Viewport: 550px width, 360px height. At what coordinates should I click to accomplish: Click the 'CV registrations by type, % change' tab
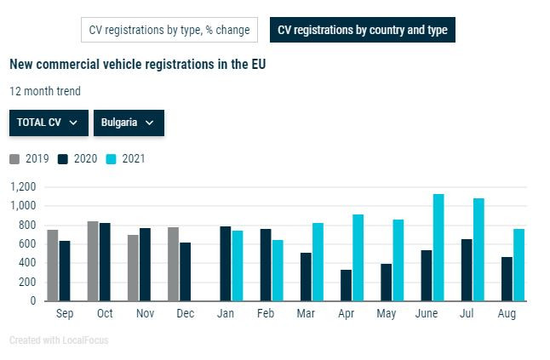coord(169,31)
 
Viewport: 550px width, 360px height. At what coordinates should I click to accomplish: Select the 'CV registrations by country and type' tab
coord(363,31)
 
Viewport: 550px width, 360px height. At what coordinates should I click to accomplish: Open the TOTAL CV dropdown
coord(49,123)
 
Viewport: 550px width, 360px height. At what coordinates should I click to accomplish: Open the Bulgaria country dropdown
coord(128,123)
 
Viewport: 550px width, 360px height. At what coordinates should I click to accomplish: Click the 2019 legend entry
coord(31,159)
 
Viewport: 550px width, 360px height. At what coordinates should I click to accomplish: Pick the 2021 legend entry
coord(127,159)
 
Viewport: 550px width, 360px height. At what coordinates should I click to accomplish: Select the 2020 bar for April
coord(347,285)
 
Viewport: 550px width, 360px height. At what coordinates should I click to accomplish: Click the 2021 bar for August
coord(518,265)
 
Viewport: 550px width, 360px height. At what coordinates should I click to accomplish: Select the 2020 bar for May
coord(387,283)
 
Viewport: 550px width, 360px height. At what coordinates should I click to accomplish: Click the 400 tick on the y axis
coord(27,263)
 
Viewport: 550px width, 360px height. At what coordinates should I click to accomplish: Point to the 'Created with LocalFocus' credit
coord(59,340)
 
